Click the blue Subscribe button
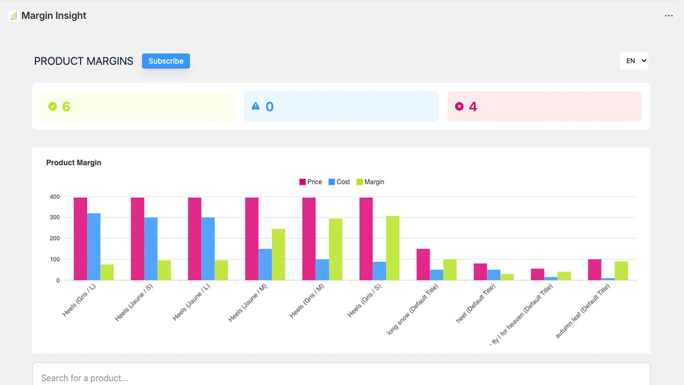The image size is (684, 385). pos(166,61)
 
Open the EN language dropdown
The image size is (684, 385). pos(634,61)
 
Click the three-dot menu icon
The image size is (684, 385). pos(669,16)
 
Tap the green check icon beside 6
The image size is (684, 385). pos(53,107)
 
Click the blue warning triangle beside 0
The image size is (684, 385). pos(256,106)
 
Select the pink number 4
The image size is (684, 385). pos(473,107)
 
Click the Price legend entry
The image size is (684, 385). pos(310,182)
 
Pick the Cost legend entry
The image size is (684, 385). pos(339,182)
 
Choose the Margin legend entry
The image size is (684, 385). pos(370,182)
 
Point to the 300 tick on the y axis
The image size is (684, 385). pos(55,217)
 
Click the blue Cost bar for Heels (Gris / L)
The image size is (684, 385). pos(94,246)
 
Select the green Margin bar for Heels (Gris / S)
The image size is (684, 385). pos(392,248)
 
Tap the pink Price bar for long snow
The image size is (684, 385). pos(423,264)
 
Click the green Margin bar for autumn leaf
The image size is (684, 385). pos(621,271)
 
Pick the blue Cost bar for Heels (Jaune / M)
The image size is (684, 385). pos(265,264)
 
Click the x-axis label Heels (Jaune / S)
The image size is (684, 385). pos(134,302)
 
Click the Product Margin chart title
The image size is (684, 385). pos(74,163)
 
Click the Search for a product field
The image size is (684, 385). pos(341,377)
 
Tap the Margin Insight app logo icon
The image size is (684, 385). pos(14,16)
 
